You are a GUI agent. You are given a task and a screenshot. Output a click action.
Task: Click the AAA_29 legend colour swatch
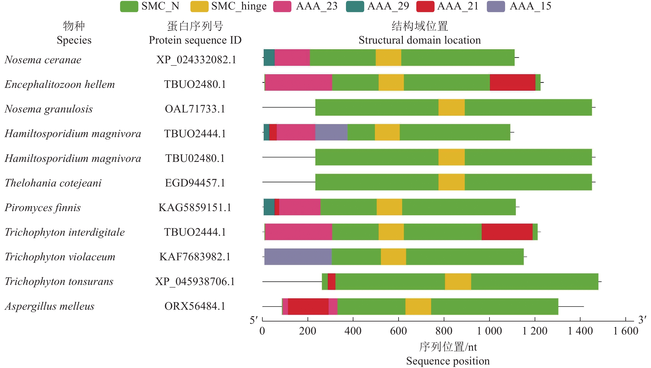coord(355,6)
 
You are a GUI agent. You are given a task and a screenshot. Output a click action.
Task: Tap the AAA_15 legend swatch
coord(496,6)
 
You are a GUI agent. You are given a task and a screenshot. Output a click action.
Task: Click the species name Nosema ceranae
coord(43,60)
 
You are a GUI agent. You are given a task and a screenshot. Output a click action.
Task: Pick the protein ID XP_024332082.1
coord(196,60)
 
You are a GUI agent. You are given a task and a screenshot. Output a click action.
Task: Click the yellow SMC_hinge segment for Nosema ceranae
coord(388,58)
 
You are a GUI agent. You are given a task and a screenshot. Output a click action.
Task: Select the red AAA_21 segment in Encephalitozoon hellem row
coord(512,82)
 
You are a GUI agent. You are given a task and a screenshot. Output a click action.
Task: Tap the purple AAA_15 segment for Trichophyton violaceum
coord(298,257)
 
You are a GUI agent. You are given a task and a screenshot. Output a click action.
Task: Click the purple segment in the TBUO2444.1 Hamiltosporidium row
coord(331,132)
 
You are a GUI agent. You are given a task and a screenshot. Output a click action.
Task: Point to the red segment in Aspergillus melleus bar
coord(308,307)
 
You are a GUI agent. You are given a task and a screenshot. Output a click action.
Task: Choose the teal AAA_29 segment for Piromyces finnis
coord(269,207)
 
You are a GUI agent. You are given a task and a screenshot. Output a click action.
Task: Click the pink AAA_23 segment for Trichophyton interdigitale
coord(298,232)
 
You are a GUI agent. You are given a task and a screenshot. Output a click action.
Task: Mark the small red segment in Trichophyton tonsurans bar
coord(331,282)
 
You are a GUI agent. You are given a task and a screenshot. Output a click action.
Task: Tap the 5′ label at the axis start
coord(253,320)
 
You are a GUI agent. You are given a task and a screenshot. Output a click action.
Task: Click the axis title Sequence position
coord(448,361)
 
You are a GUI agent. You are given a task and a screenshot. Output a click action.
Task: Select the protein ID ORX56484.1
coord(195,306)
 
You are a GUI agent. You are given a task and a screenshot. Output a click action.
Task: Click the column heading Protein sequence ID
coord(195,40)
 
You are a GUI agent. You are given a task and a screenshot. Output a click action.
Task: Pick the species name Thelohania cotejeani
coord(53,183)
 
